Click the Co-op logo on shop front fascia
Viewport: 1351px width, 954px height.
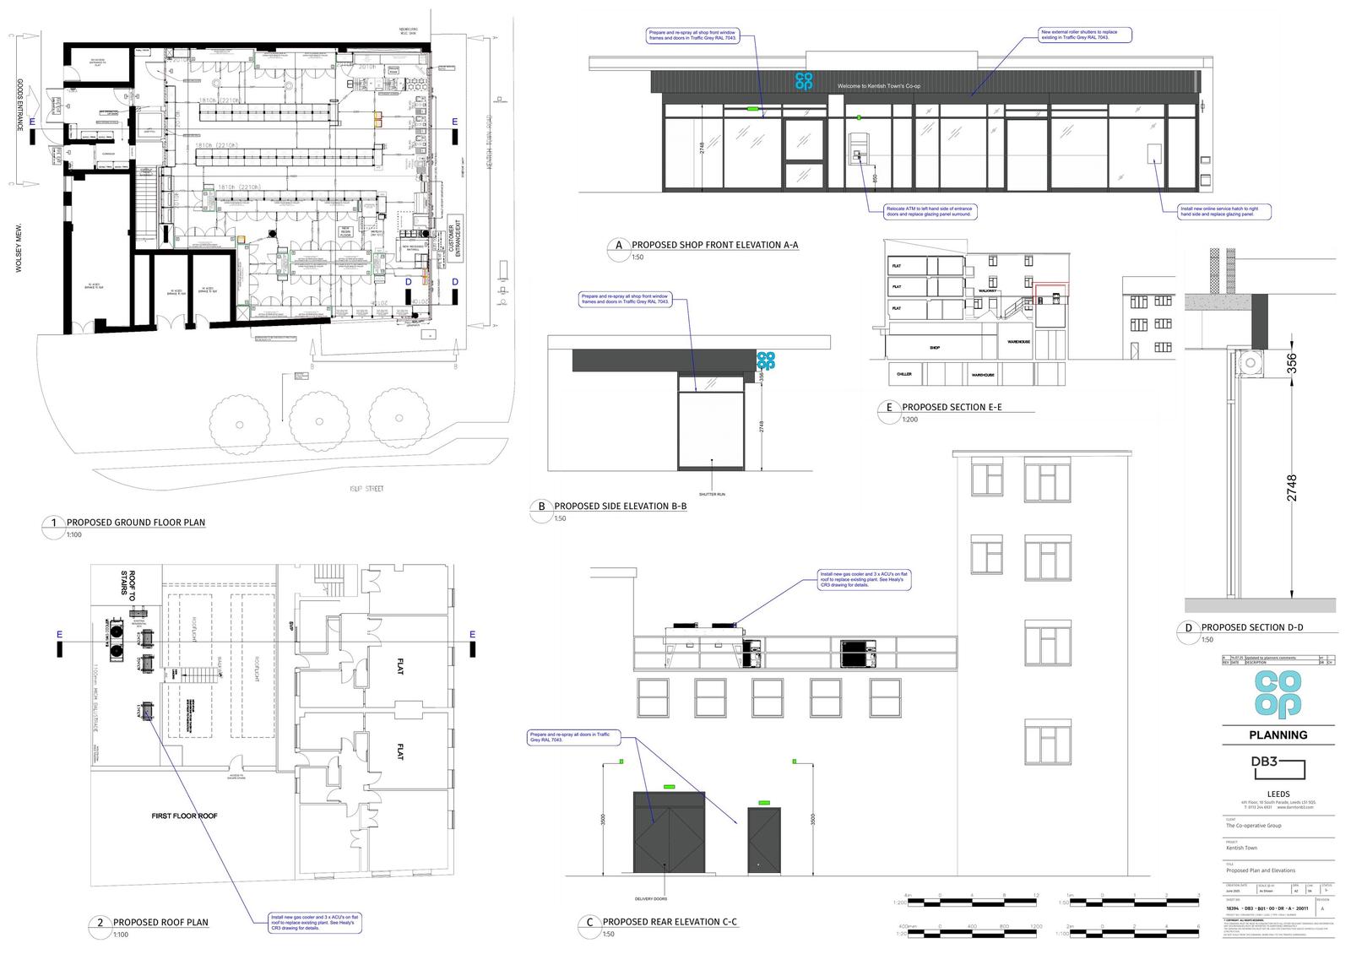pyautogui.click(x=803, y=81)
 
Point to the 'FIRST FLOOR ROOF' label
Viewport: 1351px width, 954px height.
pyautogui.click(x=184, y=816)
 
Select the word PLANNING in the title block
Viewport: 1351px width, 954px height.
pyautogui.click(x=1278, y=734)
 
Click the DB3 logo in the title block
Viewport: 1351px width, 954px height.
pyautogui.click(x=1277, y=767)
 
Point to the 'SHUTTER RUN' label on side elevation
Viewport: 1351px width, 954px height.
pyautogui.click(x=712, y=494)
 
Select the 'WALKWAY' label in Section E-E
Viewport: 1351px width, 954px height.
pyautogui.click(x=988, y=291)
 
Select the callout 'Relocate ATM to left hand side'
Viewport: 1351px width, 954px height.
pyautogui.click(x=929, y=211)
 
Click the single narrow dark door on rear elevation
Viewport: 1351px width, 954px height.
pyautogui.click(x=763, y=839)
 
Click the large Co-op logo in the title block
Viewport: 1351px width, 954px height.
pyautogui.click(x=1278, y=696)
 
